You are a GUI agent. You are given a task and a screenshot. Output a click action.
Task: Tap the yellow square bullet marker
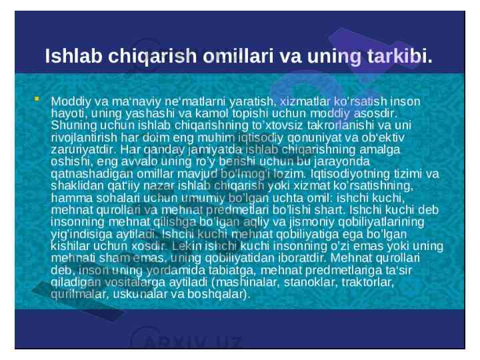[x=37, y=99]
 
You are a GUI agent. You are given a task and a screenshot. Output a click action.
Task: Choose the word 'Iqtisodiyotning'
[x=350, y=174]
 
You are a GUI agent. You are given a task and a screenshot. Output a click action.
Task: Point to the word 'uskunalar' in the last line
[x=140, y=294]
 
